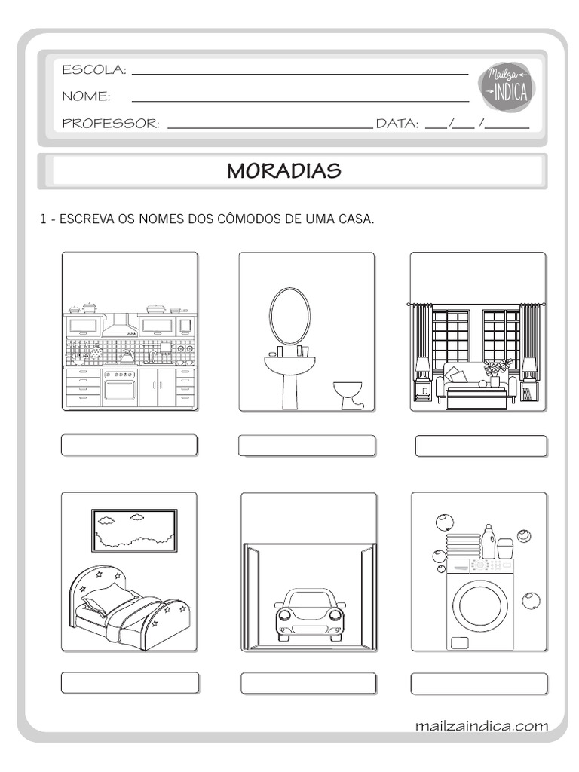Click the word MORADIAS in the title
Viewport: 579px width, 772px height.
(284, 171)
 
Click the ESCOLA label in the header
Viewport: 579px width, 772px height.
(94, 70)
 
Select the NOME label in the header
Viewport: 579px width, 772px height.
(86, 96)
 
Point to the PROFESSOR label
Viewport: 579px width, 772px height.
(111, 124)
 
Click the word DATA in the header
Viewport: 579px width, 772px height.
(397, 124)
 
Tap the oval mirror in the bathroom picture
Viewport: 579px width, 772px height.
(289, 317)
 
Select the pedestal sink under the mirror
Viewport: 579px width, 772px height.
(290, 373)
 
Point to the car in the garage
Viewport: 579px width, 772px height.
(309, 614)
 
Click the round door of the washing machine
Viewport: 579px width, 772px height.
(479, 605)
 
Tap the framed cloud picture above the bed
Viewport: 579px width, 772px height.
(134, 531)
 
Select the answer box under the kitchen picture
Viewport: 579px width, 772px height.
(129, 445)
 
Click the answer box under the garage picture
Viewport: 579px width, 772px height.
(308, 683)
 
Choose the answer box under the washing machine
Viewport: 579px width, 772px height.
(479, 683)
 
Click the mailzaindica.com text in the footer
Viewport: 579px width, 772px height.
(481, 726)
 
